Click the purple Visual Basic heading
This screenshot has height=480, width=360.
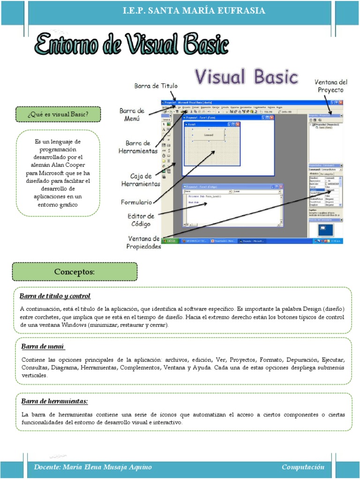point(246,76)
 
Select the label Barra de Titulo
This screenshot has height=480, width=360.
point(156,86)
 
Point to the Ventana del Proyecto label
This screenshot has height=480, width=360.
point(330,86)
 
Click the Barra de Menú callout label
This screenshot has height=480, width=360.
point(131,115)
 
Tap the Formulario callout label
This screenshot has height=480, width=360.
point(136,202)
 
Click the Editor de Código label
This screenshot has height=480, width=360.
point(141,220)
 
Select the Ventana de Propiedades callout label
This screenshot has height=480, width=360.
point(144,243)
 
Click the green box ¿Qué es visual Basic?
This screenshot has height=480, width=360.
point(58,113)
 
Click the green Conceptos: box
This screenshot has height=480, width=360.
point(75,271)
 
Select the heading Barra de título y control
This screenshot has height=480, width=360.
point(55,296)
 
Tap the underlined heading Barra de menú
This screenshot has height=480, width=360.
point(43,346)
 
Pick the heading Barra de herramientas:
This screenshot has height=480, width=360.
point(54,401)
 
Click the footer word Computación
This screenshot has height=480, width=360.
point(303,467)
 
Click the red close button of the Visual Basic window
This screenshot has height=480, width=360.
point(341,102)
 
